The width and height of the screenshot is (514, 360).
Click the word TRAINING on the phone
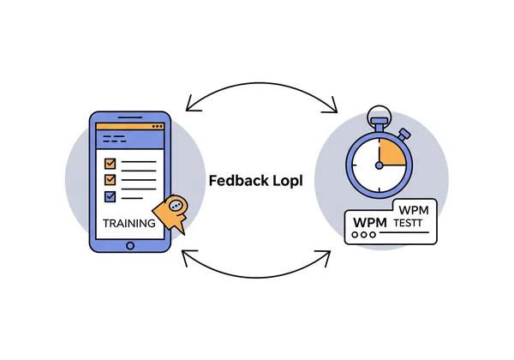point(128,223)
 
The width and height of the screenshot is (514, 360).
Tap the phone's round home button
point(130,245)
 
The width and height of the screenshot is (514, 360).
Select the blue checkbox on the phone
point(110,196)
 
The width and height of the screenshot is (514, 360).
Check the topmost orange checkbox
point(110,163)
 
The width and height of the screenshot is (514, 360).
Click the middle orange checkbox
point(110,180)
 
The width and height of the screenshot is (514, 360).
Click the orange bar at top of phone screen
point(130,126)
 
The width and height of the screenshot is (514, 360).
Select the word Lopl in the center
point(285,181)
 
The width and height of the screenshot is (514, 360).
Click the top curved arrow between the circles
point(260,88)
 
